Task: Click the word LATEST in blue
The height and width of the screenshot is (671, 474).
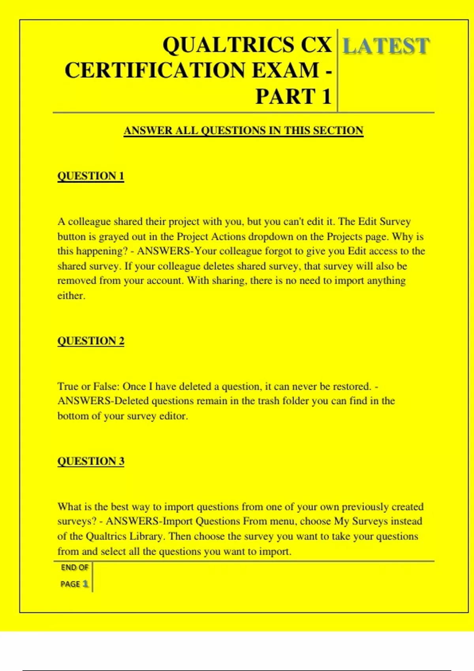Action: click(386, 46)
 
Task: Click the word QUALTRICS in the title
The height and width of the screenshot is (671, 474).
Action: click(228, 45)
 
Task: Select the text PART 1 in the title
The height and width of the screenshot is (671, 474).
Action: click(293, 97)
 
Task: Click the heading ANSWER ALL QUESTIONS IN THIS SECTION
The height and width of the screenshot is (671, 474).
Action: click(243, 131)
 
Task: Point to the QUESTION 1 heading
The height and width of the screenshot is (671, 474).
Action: click(91, 176)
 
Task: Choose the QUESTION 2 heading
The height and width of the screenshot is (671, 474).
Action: click(91, 341)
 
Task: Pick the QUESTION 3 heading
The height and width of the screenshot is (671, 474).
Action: click(91, 461)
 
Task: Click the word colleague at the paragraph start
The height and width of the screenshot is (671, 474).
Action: click(89, 222)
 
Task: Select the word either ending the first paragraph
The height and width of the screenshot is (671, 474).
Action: click(71, 296)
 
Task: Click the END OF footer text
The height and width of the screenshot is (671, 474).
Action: click(74, 568)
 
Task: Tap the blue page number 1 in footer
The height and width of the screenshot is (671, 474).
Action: click(85, 584)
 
